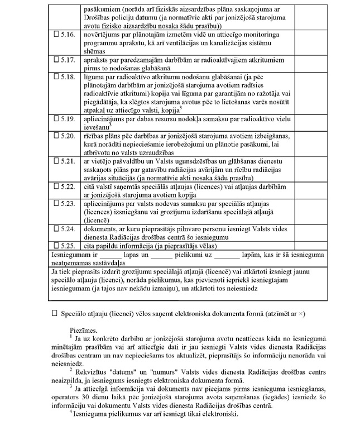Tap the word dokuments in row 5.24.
coord(100,228)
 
